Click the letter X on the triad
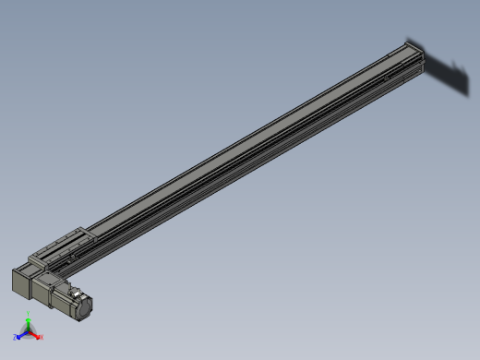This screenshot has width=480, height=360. click(42, 337)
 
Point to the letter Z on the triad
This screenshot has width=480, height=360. click(16, 337)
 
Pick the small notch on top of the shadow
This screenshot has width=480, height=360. click(454, 62)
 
